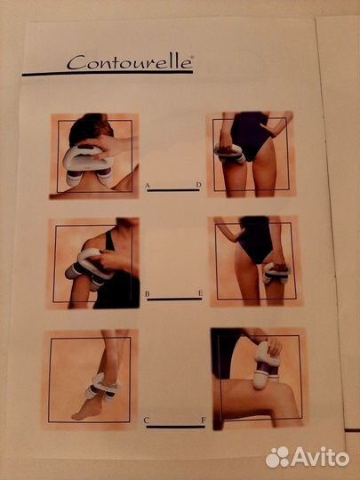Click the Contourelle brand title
coord(130,62)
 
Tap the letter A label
coord(148,186)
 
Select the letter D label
coord(199,185)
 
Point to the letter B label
coord(148,294)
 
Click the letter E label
coord(201,293)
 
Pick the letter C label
coord(147,420)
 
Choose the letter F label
coord(204,420)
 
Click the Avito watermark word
coord(321,458)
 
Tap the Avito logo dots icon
coord(277,458)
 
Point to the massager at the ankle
coord(103,387)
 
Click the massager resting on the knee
coord(267,364)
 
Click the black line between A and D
coord(173,190)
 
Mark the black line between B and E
coord(174,299)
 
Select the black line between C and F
coord(175,427)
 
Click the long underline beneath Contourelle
coord(108,74)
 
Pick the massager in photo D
coord(230,153)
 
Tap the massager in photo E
coord(276,273)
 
